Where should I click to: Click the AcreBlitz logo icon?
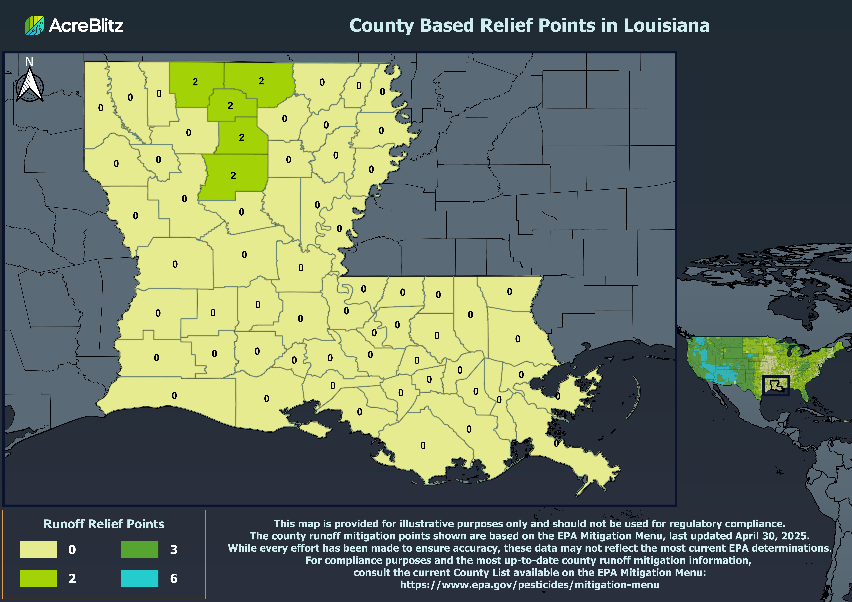click(35, 25)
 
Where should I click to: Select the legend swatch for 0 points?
click(38, 549)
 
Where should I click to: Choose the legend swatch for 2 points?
click(38, 578)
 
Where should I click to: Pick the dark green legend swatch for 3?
click(140, 549)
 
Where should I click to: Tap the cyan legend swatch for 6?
click(140, 578)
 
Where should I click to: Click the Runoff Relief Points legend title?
click(104, 524)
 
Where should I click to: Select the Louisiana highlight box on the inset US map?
click(776, 386)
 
